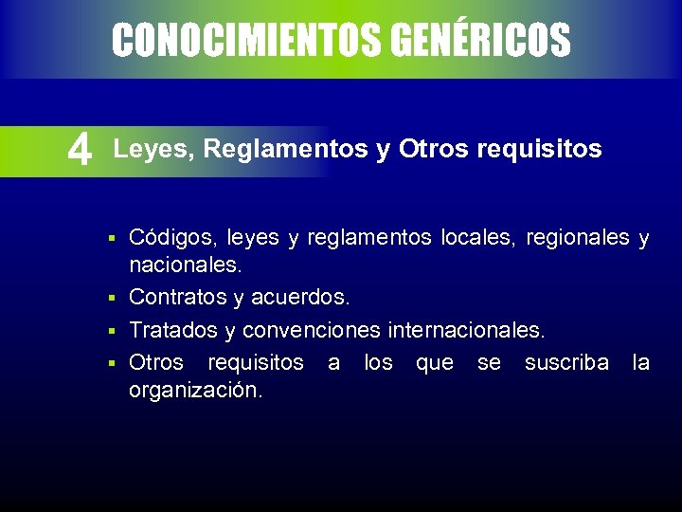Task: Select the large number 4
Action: pyautogui.click(x=81, y=150)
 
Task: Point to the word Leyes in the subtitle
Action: pyautogui.click(x=152, y=149)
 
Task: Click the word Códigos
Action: pyautogui.click(x=170, y=238)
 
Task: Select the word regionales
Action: pyautogui.click(x=577, y=238)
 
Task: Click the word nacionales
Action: pyautogui.click(x=184, y=267)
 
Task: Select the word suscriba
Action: pyautogui.click(x=566, y=361)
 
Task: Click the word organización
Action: pyautogui.click(x=195, y=391)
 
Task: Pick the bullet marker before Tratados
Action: pyautogui.click(x=111, y=331)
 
